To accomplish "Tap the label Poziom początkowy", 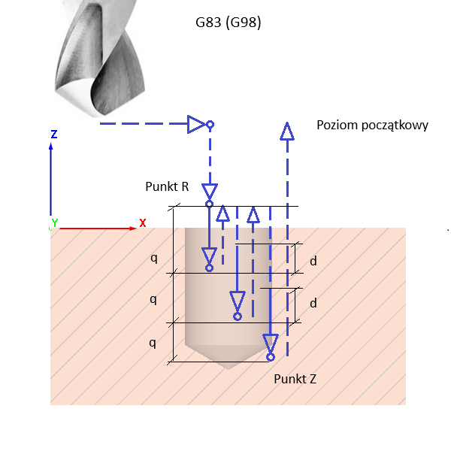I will (x=372, y=125).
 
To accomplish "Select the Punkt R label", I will (x=167, y=186).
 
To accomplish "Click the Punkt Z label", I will (x=295, y=379).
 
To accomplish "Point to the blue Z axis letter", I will (x=54, y=135).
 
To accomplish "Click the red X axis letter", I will (x=143, y=223).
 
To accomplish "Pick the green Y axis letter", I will (x=54, y=223).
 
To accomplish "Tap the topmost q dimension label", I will (x=153, y=258).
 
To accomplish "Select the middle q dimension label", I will (x=153, y=299).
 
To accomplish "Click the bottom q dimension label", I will (x=153, y=343).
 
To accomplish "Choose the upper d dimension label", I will (x=313, y=262).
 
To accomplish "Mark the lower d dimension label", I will (x=313, y=304).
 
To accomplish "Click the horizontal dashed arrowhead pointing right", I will (x=197, y=124).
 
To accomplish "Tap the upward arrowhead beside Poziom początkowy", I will (x=286, y=132).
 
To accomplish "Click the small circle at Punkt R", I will (x=209, y=204).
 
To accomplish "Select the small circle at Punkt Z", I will (x=271, y=357).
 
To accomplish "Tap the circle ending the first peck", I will (x=209, y=268).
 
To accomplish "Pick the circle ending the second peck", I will (x=238, y=316).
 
